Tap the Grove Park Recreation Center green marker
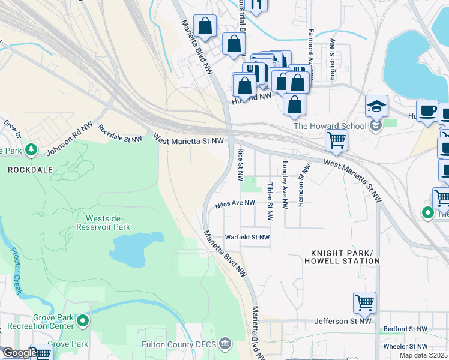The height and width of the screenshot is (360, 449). (x=83, y=323)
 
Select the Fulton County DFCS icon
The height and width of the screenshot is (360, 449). (x=224, y=344)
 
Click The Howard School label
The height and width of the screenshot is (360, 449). (x=329, y=125)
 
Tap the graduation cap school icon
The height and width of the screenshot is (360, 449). (x=376, y=107)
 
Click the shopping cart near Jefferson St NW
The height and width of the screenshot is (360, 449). (x=364, y=303)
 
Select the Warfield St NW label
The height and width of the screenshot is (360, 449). (x=247, y=237)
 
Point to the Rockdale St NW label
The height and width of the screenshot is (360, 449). (x=120, y=134)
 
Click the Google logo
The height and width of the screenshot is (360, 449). (x=19, y=353)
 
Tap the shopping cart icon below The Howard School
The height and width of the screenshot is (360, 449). (x=336, y=140)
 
